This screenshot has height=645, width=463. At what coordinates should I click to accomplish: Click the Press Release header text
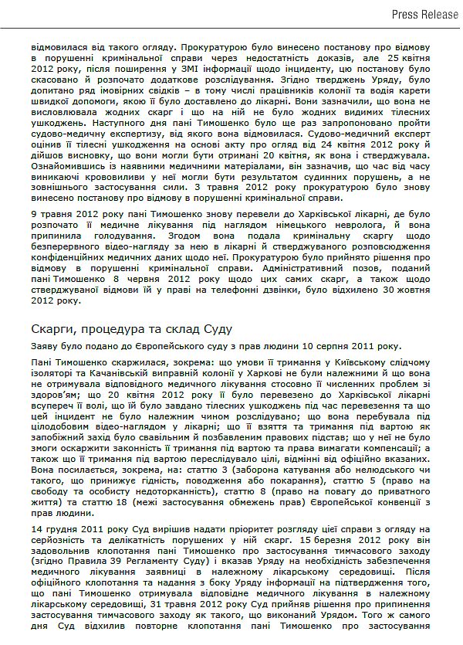click(x=426, y=14)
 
